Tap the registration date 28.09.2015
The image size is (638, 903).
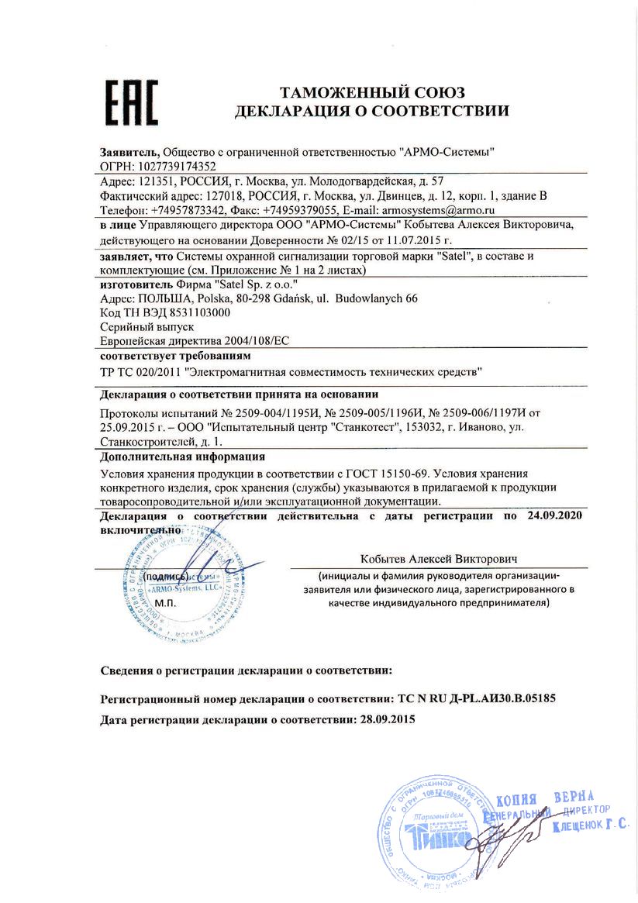pos(383,719)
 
